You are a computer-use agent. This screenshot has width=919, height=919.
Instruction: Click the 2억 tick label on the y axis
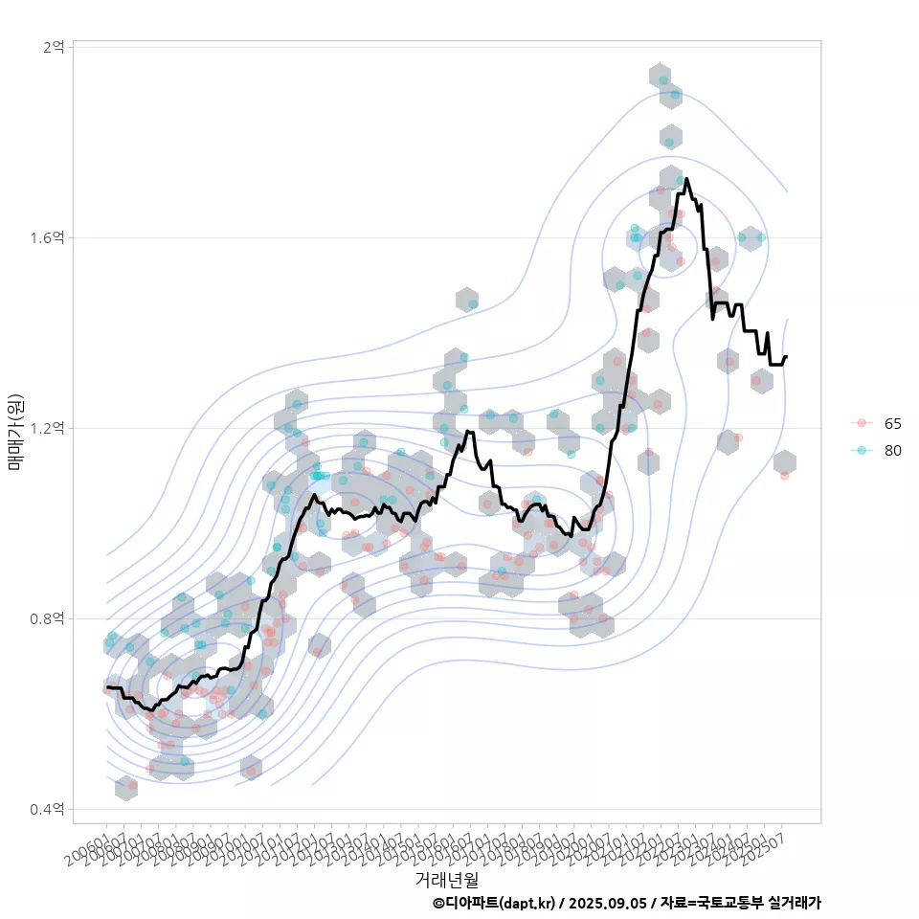(x=54, y=47)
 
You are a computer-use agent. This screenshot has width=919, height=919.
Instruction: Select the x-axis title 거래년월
(x=446, y=879)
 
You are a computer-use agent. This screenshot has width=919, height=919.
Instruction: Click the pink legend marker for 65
(x=862, y=423)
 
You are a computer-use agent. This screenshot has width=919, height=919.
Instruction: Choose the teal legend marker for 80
(x=862, y=450)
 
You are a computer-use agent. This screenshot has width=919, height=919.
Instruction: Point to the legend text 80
(x=893, y=450)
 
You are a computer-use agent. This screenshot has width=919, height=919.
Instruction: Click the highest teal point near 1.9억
(x=663, y=79)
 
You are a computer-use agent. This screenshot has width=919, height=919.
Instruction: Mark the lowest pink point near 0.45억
(x=132, y=785)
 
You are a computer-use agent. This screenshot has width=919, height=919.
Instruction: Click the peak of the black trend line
(x=687, y=178)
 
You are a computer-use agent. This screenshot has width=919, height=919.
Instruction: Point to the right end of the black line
(x=786, y=356)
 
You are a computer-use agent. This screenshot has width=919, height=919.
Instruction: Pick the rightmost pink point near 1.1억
(x=785, y=475)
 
